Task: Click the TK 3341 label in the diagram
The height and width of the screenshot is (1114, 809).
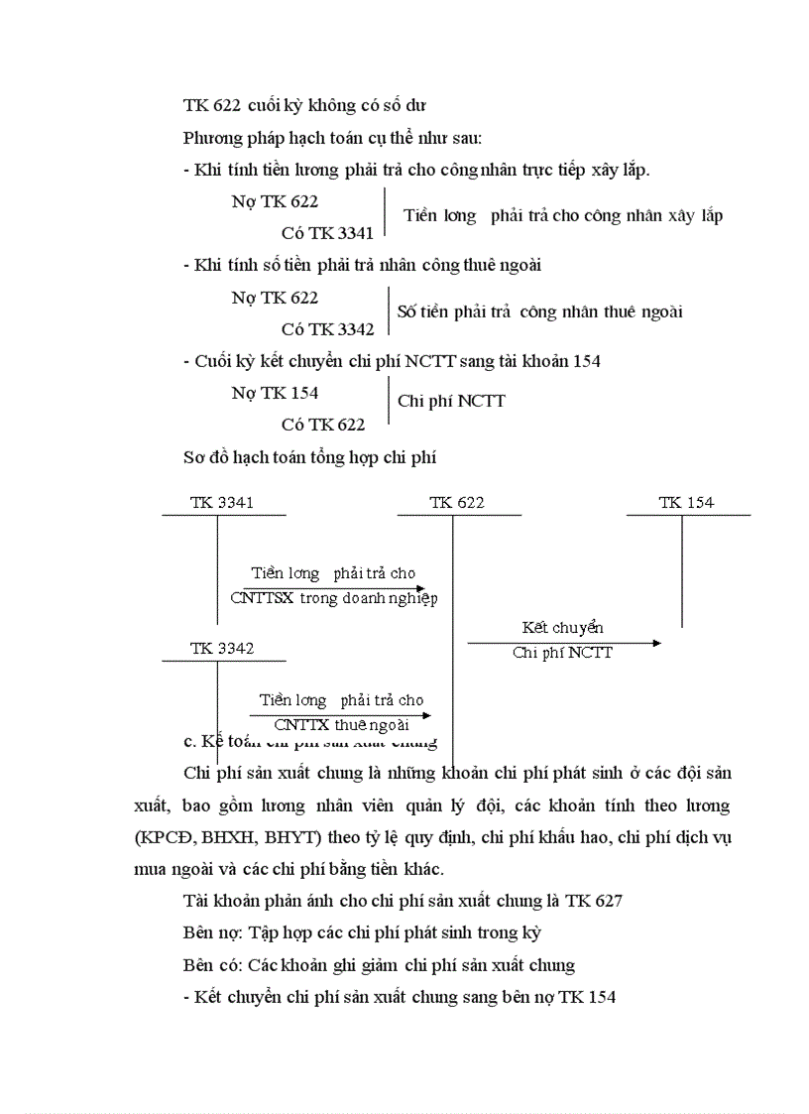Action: (222, 503)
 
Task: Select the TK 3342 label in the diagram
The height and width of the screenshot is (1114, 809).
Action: (222, 649)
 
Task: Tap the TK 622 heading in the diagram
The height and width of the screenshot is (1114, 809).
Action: (457, 503)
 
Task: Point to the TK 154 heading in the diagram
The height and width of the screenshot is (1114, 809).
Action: (686, 503)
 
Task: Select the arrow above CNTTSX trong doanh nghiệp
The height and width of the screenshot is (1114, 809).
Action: (335, 587)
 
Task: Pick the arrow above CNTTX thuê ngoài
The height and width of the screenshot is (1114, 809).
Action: (340, 714)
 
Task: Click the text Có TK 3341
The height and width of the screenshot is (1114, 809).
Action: (327, 233)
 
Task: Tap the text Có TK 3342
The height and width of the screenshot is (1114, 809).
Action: (327, 329)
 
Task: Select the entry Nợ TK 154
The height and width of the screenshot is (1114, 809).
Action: (275, 393)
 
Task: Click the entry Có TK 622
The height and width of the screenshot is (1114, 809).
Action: (322, 425)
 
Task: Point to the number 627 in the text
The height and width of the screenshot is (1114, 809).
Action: (608, 901)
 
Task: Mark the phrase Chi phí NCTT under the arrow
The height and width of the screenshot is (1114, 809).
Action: (562, 653)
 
